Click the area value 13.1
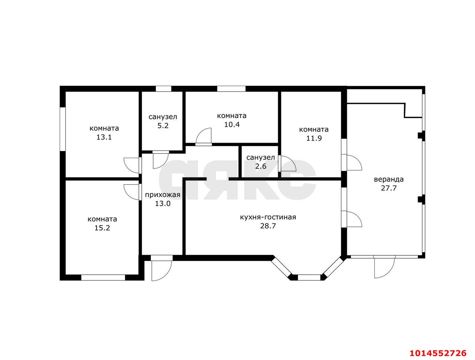pyautogui.click(x=104, y=137)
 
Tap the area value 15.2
pyautogui.click(x=102, y=228)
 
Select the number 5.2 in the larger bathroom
pyautogui.click(x=163, y=125)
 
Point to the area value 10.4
pyautogui.click(x=232, y=125)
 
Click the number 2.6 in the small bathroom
pyautogui.click(x=261, y=166)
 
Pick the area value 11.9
pyautogui.click(x=314, y=138)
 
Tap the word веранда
pyautogui.click(x=389, y=179)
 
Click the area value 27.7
pyautogui.click(x=389, y=188)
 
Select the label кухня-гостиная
pyautogui.click(x=268, y=217)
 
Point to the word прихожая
pyautogui.click(x=163, y=195)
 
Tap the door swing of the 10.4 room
pyautogui.click(x=203, y=136)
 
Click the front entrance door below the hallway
pyautogui.click(x=162, y=269)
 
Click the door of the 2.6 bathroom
pyautogui.click(x=287, y=164)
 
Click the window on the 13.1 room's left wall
pyautogui.click(x=63, y=129)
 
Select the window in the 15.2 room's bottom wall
pyautogui.click(x=103, y=278)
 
